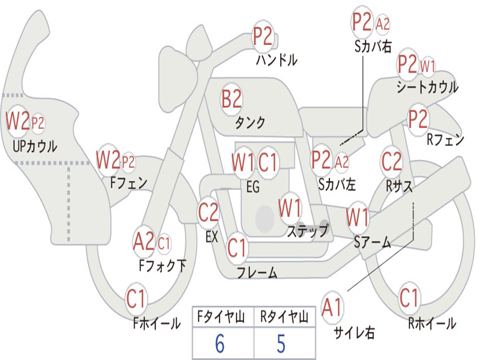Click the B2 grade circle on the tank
click(x=232, y=99)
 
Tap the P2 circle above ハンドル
click(x=263, y=37)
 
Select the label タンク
click(x=250, y=123)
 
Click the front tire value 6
click(x=219, y=344)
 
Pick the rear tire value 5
click(x=281, y=344)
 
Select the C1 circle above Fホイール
click(x=136, y=299)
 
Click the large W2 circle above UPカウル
click(x=17, y=121)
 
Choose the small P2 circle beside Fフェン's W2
click(x=128, y=162)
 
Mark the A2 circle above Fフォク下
click(x=143, y=242)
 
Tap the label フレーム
click(x=257, y=273)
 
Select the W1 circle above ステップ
click(x=290, y=208)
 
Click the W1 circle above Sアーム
click(x=357, y=217)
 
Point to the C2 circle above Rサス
click(x=392, y=162)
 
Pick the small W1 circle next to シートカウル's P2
click(x=427, y=67)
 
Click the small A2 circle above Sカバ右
click(x=382, y=24)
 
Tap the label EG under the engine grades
click(x=253, y=187)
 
